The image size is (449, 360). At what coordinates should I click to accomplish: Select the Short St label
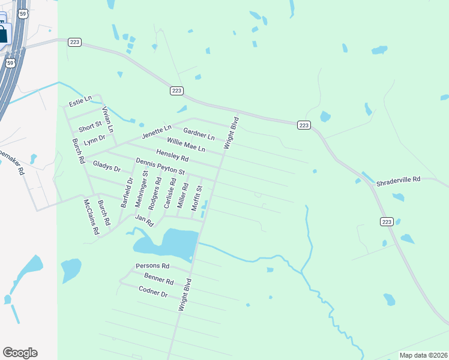click(90, 127)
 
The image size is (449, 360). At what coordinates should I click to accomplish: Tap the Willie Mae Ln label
click(185, 145)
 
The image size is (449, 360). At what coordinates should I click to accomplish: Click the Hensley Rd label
click(172, 155)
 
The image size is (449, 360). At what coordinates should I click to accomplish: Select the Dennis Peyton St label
click(160, 166)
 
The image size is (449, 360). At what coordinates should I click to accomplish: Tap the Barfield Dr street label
click(127, 192)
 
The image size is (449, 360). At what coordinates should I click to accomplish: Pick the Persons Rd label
click(152, 266)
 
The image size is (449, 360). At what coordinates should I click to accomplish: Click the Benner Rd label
click(158, 278)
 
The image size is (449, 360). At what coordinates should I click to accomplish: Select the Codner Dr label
click(152, 291)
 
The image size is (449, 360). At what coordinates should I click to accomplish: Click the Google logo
click(20, 353)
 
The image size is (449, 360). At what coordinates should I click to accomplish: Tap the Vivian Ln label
click(108, 119)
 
